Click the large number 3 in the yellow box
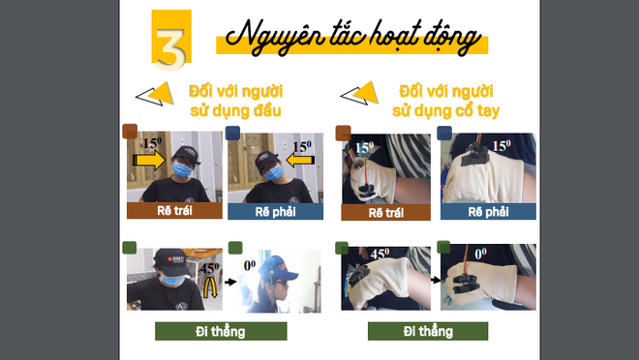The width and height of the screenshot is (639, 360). coord(170,48)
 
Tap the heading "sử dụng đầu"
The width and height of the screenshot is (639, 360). coord(235,110)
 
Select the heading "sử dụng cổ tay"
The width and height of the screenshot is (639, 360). coord(445,110)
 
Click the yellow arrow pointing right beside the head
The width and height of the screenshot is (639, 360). coord(149,160)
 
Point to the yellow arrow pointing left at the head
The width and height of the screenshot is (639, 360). coord(300,160)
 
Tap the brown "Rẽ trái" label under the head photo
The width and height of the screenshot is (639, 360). coord(174,211)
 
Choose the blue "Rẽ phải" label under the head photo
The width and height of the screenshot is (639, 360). coord(276,212)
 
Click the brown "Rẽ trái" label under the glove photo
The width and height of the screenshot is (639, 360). coord(386,212)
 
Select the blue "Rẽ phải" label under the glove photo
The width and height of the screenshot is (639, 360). coord(488,212)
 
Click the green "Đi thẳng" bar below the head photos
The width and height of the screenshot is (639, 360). coord(221,331)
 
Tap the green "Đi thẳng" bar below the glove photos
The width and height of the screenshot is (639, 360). coord(428,331)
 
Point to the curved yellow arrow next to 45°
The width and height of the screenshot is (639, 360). coord(211,286)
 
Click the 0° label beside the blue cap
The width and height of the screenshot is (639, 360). coord(250,265)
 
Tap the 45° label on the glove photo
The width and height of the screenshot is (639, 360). coord(380,255)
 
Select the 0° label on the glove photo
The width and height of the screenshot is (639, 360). coord(480,254)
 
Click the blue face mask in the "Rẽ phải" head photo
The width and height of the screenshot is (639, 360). coord(273,173)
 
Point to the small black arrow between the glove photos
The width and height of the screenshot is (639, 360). coord(436,280)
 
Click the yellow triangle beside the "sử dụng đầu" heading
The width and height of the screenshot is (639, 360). coord(162,93)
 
